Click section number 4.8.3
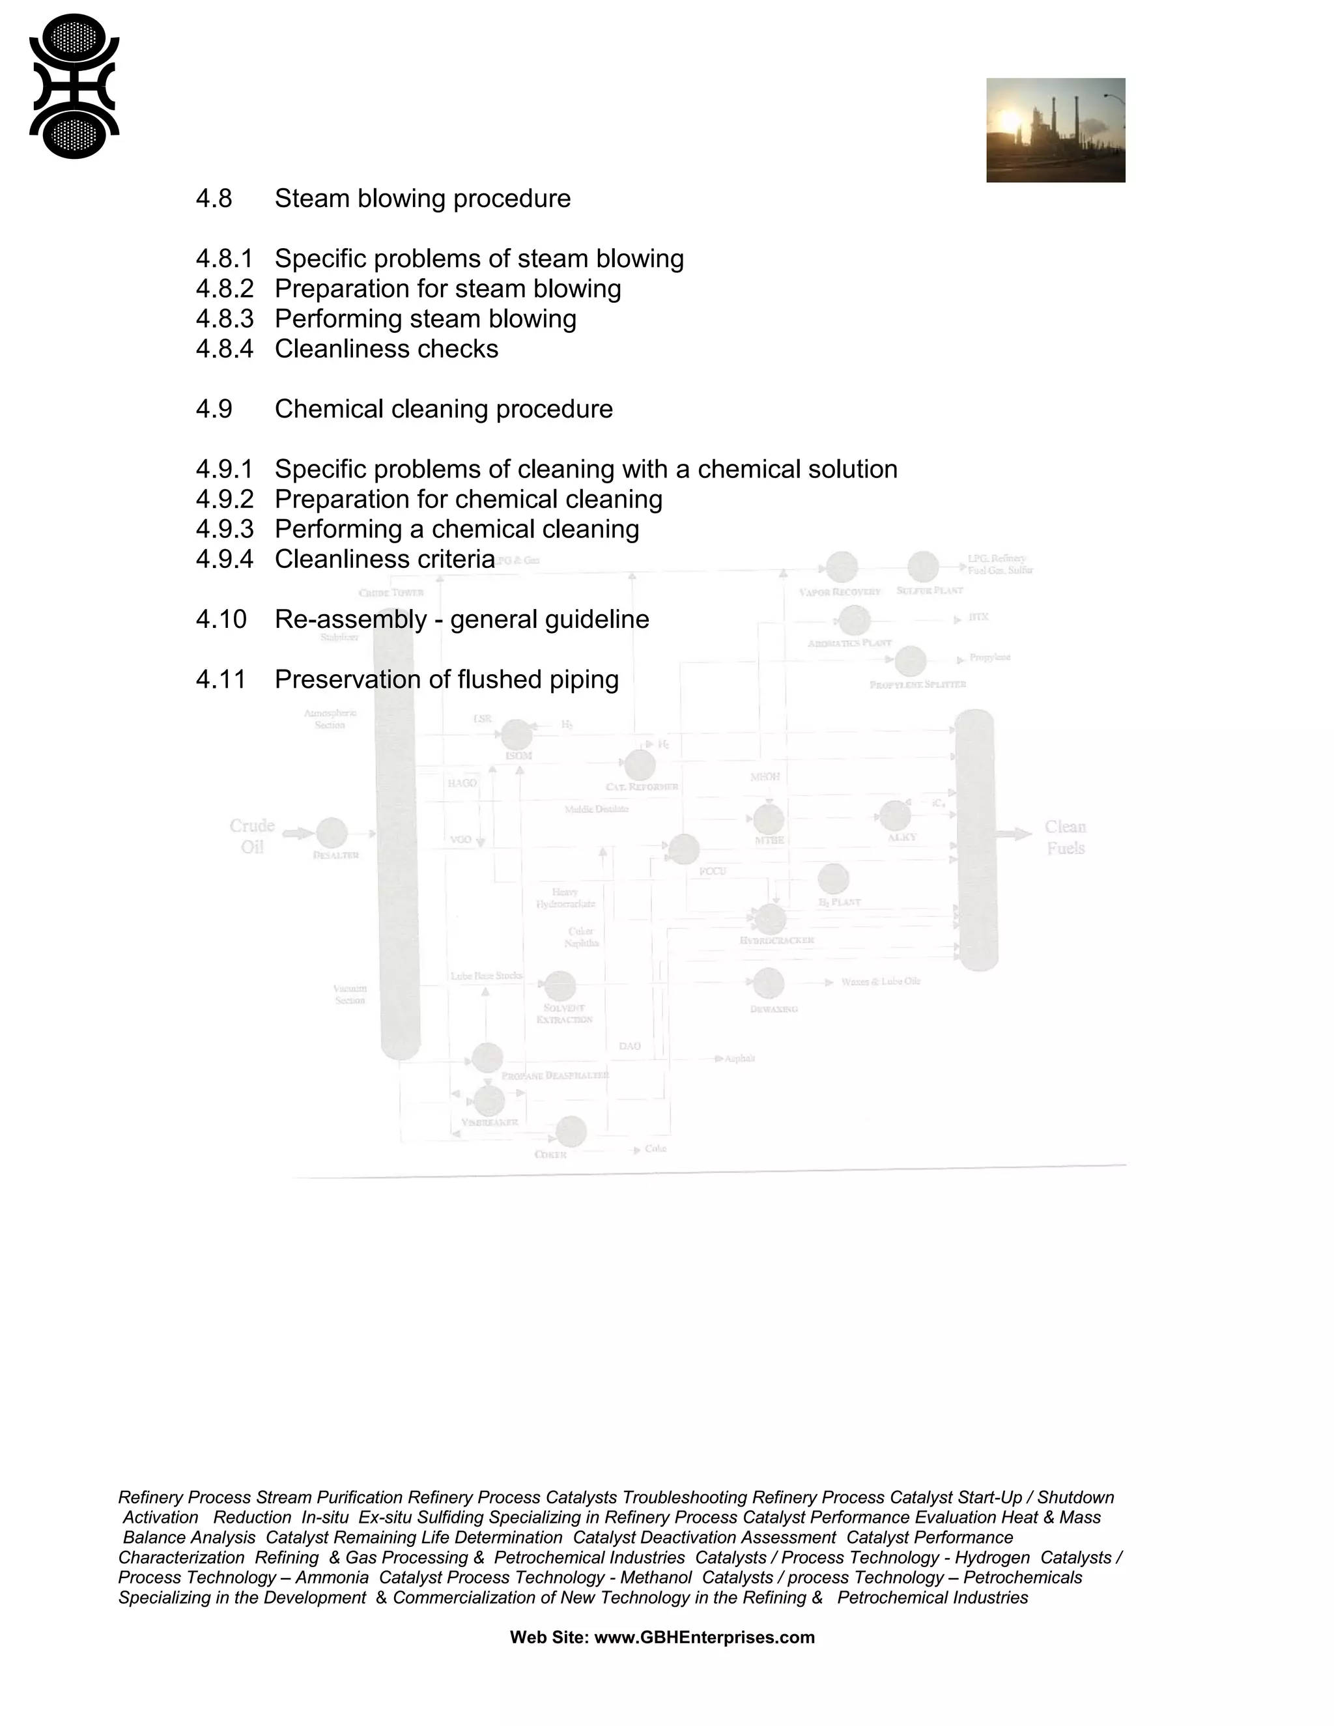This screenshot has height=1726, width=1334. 225,319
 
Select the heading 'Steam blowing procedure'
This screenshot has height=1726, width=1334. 422,199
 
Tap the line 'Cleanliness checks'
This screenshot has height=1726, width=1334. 386,349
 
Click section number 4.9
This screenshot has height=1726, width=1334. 214,410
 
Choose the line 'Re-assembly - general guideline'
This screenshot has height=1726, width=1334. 462,619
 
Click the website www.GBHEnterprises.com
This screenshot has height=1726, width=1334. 703,1637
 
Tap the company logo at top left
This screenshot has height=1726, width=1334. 74,86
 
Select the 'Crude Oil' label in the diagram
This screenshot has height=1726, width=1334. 252,836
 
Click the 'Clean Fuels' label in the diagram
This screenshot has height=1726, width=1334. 1064,837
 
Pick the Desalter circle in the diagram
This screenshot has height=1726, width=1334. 332,833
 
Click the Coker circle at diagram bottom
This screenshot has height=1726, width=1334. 571,1132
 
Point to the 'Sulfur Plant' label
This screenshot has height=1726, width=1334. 930,590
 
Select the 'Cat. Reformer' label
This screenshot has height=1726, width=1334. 642,787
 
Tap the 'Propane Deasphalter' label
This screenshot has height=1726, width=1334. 555,1075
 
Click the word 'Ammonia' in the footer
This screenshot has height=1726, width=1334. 332,1577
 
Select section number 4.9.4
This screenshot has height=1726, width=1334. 225,559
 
